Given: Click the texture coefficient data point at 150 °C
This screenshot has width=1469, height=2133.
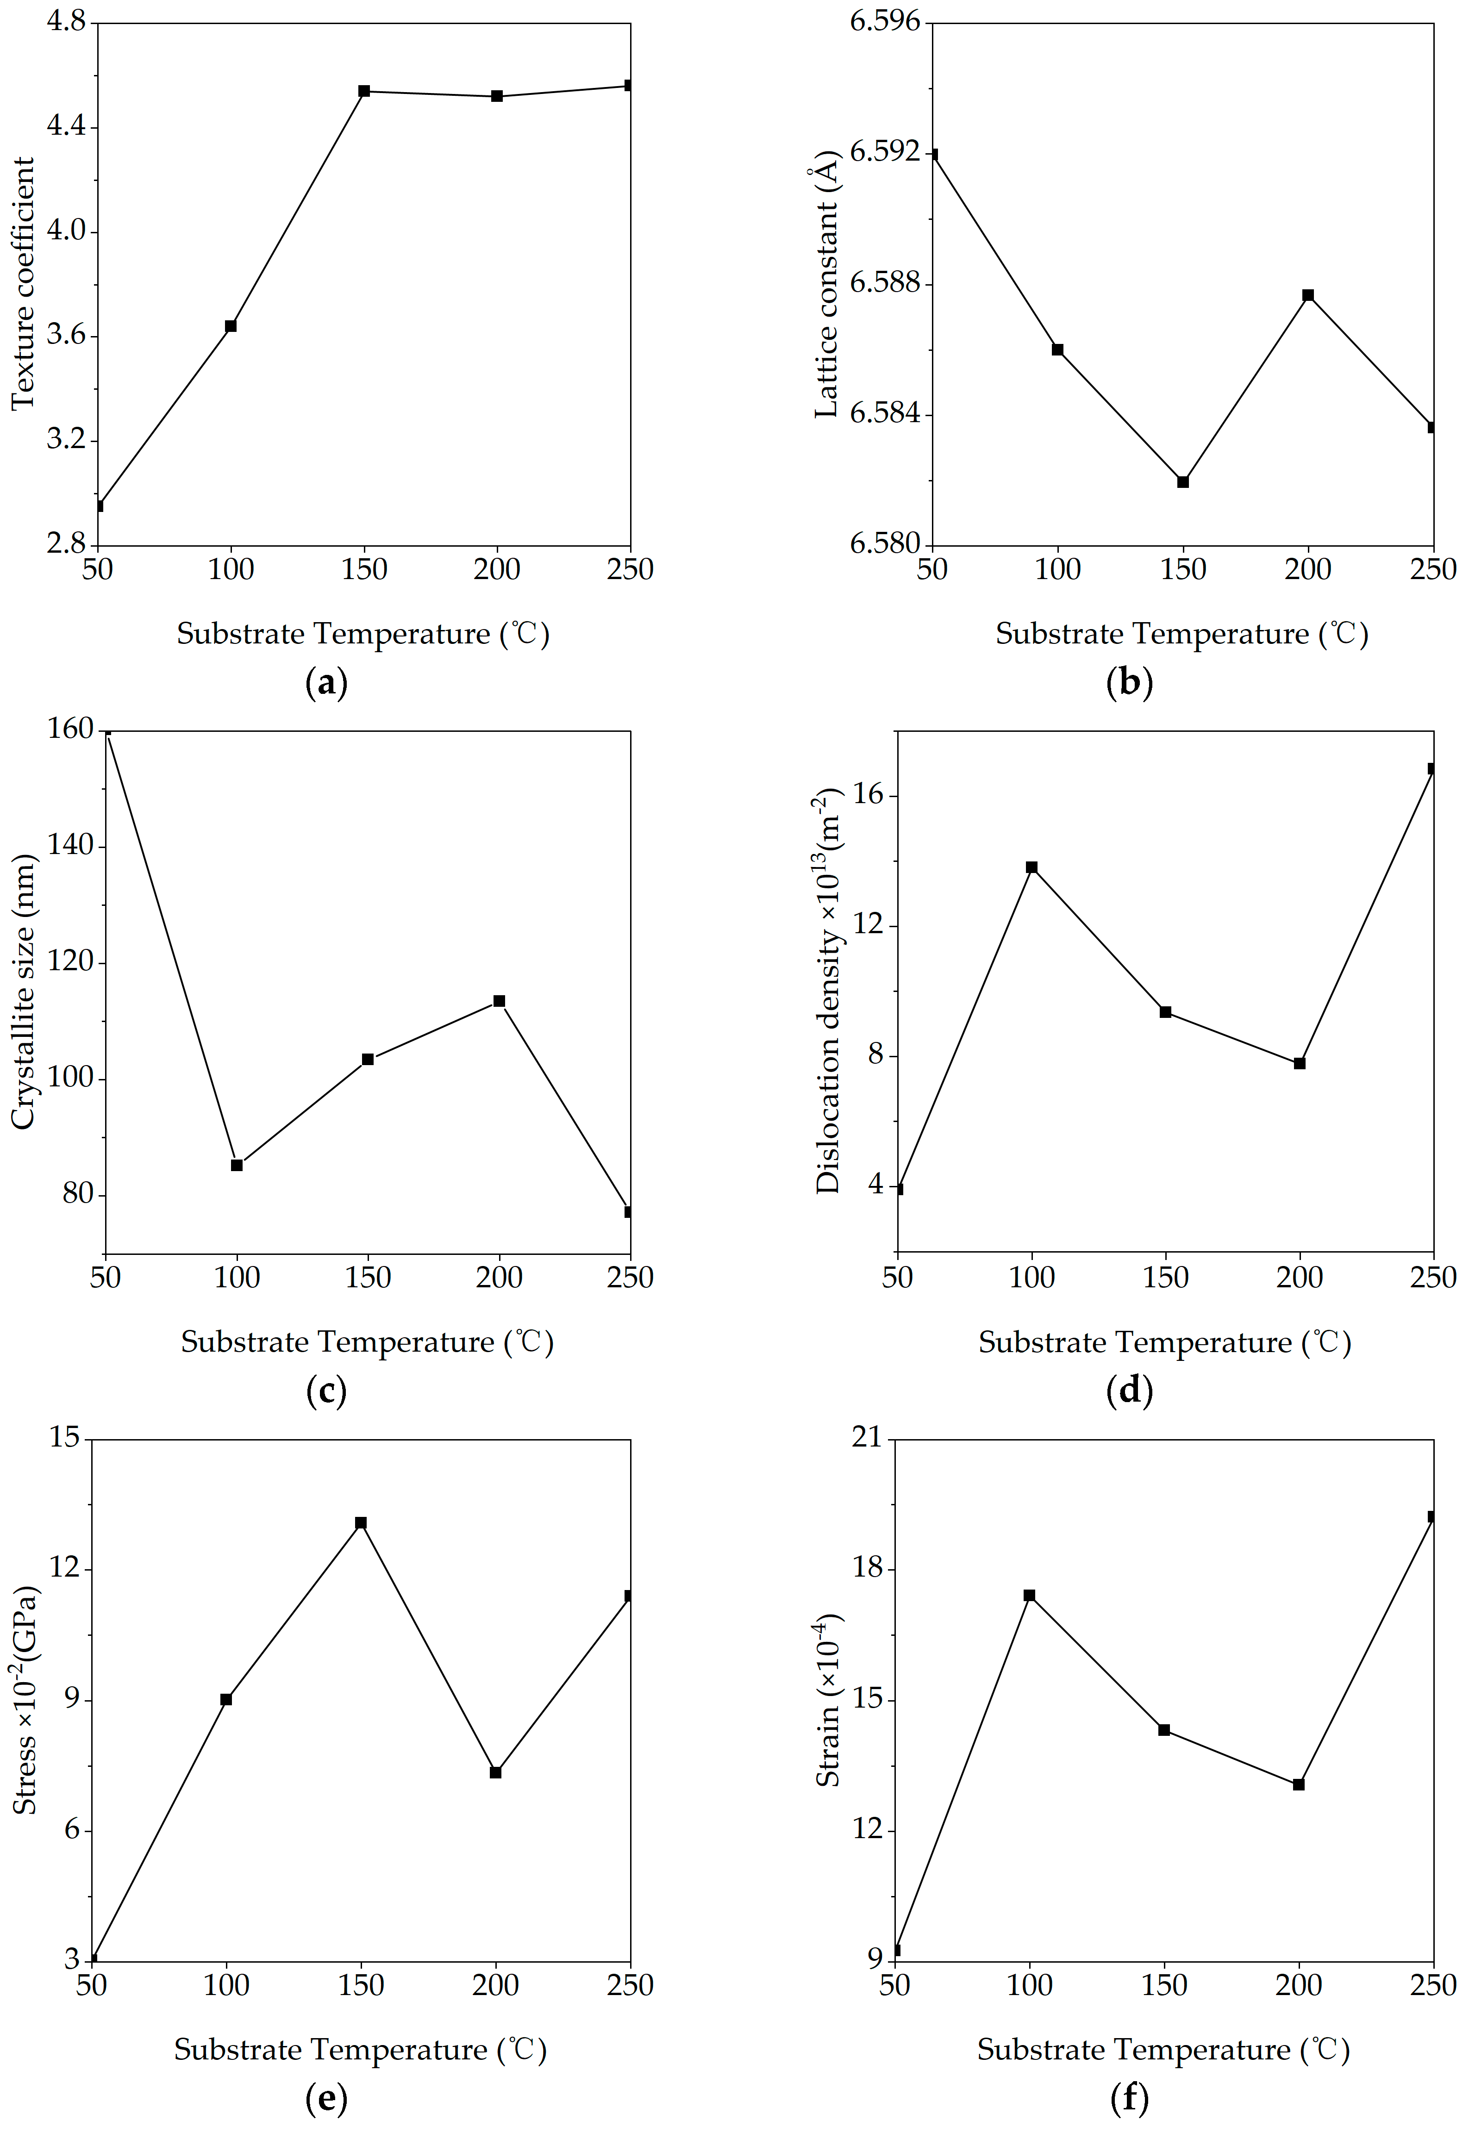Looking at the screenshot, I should coord(364,91).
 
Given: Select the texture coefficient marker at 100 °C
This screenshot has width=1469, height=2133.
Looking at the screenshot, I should coord(231,326).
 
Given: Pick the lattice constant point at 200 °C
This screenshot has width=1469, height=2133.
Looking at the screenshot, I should coord(1308,295).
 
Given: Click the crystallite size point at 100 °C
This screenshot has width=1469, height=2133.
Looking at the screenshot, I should coord(237,1165).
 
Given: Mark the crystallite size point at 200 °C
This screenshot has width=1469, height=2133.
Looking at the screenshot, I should coord(499,1001).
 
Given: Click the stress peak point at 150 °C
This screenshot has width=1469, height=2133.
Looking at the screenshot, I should coord(361,1523).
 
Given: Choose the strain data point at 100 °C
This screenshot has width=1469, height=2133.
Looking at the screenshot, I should coord(1029,1596).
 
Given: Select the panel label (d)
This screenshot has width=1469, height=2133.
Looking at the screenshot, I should coord(1128,1391).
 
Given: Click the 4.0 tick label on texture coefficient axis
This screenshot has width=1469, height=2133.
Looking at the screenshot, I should coord(66,231).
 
